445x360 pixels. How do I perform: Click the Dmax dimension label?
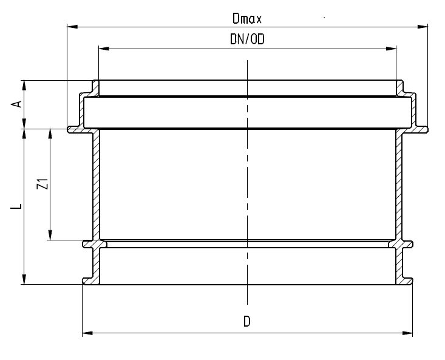246,19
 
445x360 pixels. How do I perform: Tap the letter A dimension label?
18,104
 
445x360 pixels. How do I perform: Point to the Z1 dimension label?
41,185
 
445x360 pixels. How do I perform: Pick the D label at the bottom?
247,322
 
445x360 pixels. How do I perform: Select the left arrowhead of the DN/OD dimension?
102,47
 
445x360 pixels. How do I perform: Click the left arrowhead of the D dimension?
86,333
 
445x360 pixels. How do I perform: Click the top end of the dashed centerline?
247,61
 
